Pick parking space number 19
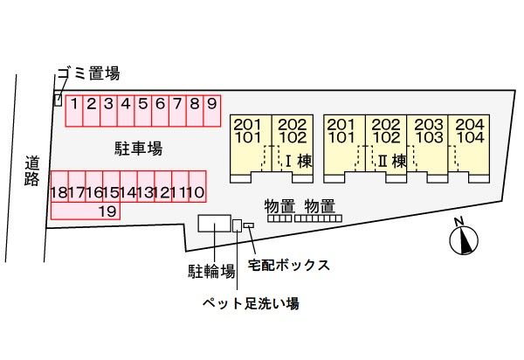click(107, 211)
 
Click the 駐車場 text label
click(138, 149)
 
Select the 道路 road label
click(32, 170)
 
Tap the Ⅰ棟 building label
click(297, 161)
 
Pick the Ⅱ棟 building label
click(393, 161)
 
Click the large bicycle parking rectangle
click(212, 224)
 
